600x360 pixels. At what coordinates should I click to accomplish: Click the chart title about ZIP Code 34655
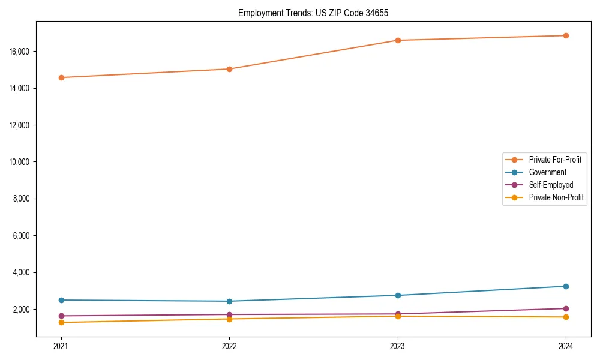click(313, 13)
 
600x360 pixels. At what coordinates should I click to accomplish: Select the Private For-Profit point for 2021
click(61, 77)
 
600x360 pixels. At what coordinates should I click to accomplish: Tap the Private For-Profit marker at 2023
click(398, 40)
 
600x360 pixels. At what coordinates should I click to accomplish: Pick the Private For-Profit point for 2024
click(566, 35)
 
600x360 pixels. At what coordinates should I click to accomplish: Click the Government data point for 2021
click(61, 300)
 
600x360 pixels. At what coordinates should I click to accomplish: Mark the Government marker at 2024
click(566, 286)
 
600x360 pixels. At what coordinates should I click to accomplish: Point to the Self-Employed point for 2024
click(566, 308)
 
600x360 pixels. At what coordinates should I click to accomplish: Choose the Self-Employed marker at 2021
click(61, 316)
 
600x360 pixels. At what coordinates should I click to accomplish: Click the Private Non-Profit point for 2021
click(61, 323)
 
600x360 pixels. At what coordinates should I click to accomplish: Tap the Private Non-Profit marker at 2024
click(566, 317)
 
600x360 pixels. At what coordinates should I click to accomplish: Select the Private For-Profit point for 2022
click(229, 69)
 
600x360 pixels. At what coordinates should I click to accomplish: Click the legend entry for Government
click(547, 172)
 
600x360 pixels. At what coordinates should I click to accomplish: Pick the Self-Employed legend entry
click(551, 185)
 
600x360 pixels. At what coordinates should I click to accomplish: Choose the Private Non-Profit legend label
click(556, 197)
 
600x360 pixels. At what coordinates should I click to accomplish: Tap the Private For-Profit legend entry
click(555, 160)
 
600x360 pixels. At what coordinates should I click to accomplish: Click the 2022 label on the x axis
click(229, 346)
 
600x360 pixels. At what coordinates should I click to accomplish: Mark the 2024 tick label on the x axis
click(566, 346)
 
